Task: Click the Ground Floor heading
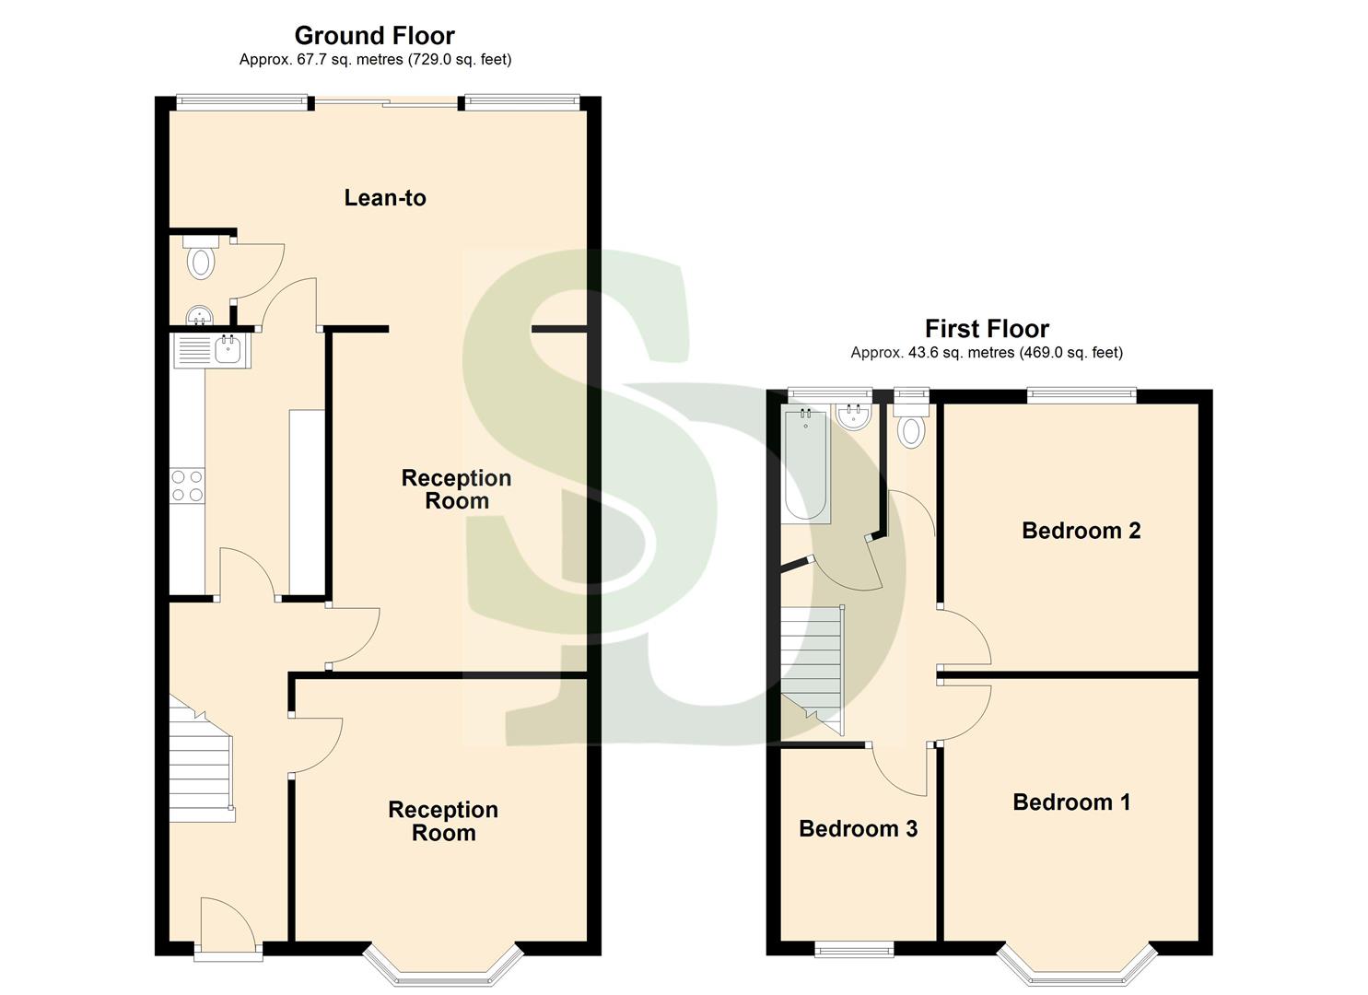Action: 374,36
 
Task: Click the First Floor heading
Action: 987,329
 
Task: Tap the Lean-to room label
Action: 385,197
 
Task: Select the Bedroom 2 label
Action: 1081,531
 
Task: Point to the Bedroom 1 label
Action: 1070,802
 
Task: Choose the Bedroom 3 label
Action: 858,829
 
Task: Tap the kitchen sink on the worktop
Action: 228,350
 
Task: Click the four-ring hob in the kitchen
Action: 187,486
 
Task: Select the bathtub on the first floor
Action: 805,466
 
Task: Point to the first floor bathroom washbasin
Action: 854,416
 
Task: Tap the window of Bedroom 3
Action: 854,949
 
